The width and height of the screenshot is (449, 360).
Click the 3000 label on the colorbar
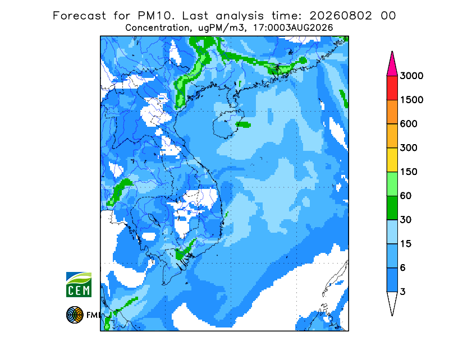click(x=411, y=76)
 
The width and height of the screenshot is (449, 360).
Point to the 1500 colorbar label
click(x=411, y=100)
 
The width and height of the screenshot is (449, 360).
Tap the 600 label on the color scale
click(x=409, y=124)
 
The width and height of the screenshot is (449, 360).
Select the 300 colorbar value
click(x=409, y=148)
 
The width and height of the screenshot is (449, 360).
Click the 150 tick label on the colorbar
click(x=409, y=172)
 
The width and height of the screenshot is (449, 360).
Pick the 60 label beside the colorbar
click(x=405, y=196)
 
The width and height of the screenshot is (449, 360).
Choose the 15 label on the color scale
click(x=405, y=244)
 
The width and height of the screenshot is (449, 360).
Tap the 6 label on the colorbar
click(x=402, y=268)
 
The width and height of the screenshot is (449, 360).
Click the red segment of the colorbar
click(x=392, y=88)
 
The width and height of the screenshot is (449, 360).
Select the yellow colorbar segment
click(x=392, y=160)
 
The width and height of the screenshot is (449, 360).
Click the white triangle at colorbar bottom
click(x=392, y=303)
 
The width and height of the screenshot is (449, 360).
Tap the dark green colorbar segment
click(x=392, y=208)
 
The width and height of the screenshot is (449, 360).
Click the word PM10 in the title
click(x=155, y=16)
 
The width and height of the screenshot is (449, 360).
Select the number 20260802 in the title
click(x=341, y=16)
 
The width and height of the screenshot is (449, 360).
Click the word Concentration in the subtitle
click(x=157, y=28)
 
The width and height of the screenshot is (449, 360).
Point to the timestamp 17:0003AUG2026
click(x=293, y=28)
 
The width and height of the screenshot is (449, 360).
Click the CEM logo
click(x=79, y=284)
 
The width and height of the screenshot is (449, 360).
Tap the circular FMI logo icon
click(x=75, y=315)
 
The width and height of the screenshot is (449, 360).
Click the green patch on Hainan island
click(x=243, y=124)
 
